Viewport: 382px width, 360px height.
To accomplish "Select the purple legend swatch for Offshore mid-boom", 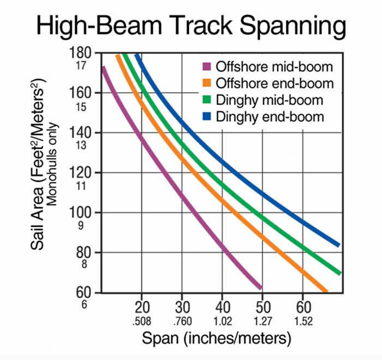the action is pos(207,66).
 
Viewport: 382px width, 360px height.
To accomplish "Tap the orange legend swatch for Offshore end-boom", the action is pos(207,83).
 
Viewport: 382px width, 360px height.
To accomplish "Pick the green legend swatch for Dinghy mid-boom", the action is pos(207,100).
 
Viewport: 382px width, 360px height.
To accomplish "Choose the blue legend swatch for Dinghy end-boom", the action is pos(207,116).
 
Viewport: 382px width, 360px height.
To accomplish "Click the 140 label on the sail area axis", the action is pos(80,133).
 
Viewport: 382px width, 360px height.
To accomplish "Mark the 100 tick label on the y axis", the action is pos(80,213).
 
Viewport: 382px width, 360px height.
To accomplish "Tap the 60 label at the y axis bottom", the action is pos(83,292).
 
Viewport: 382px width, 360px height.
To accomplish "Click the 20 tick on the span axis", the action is pos(142,308).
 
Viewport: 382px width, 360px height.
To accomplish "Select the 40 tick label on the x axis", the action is pos(223,308).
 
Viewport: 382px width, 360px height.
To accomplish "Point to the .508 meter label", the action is pos(141,321).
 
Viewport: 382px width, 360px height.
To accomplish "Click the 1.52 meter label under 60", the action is pos(303,321).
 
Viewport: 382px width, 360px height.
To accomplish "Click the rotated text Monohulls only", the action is pos(52,164).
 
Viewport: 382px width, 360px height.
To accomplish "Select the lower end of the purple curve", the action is pos(261,288).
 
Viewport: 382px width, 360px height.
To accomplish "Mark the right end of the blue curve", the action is pos(339,245).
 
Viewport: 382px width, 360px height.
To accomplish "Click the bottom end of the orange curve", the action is pos(326,291).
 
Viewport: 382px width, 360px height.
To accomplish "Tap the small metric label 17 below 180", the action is pos(81,66).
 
